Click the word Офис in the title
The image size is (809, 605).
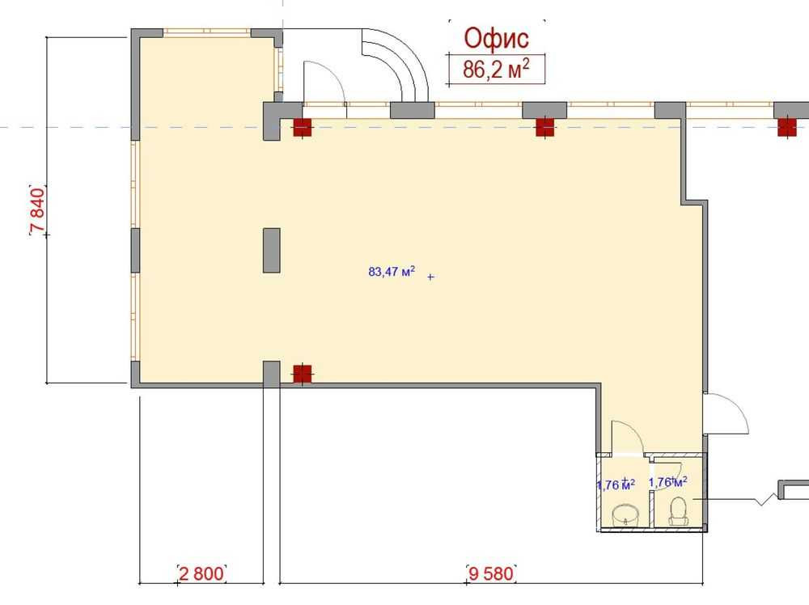(x=496, y=39)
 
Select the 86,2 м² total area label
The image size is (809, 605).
(x=496, y=69)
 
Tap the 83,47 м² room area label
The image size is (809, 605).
(x=392, y=271)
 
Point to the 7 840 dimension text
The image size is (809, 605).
(x=38, y=211)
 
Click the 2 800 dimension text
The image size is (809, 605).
(x=201, y=573)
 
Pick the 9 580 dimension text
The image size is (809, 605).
(x=491, y=573)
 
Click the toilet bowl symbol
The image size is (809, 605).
(x=679, y=512)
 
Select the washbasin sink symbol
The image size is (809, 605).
(x=626, y=514)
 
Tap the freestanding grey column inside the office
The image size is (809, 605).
(x=272, y=250)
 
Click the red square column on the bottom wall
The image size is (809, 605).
(x=303, y=374)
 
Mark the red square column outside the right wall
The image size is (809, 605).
(x=786, y=127)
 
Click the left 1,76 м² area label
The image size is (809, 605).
(x=616, y=484)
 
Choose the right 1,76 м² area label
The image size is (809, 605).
(x=667, y=482)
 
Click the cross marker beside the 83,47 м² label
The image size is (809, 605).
(x=431, y=277)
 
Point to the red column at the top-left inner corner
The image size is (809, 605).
(x=303, y=127)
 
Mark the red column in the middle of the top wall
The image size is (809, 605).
(x=544, y=127)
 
